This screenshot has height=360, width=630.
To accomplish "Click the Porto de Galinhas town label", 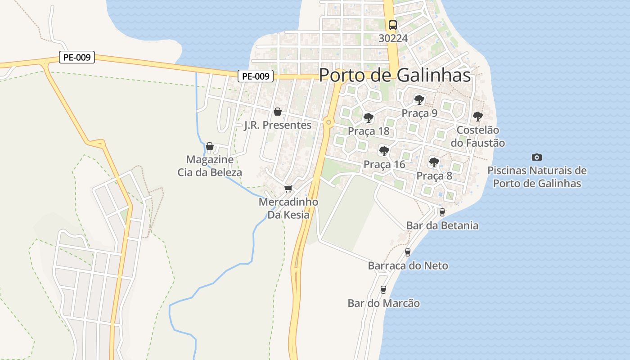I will pos(395,75).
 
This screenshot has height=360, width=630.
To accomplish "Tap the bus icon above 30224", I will pos(393,25).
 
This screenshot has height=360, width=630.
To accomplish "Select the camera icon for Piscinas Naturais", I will pos(536,157).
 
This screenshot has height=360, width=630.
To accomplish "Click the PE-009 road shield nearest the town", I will pos(256,76).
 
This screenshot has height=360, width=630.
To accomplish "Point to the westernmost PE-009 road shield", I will pos(77,57).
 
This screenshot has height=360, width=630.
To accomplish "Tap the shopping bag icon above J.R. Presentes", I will pos(278,112).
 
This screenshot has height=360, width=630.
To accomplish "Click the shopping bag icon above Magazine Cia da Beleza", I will pos(209,146).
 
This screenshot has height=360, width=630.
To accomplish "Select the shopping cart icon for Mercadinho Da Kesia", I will pos(288,189).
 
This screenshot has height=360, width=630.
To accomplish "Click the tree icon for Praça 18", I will pos(369,118).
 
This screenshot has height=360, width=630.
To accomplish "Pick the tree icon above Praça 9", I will pos(419,99).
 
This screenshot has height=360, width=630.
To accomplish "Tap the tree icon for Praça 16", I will pos(384,151).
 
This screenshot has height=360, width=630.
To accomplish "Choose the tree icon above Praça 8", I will pos(434,162).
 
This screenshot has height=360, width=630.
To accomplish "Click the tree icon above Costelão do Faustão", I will pos(477,117).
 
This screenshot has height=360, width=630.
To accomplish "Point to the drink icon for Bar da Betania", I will pos(442,212).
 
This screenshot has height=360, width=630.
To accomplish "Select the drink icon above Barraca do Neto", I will pos(408,252).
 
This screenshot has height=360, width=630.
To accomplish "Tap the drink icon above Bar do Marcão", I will pos(383,290).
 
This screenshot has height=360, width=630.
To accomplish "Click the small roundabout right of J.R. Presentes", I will pos(329,122).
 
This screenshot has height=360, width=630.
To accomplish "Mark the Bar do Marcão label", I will pos(383,303).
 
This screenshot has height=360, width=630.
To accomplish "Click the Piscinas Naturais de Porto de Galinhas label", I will pos(537,177).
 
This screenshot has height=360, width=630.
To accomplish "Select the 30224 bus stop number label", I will pos(393,38).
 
